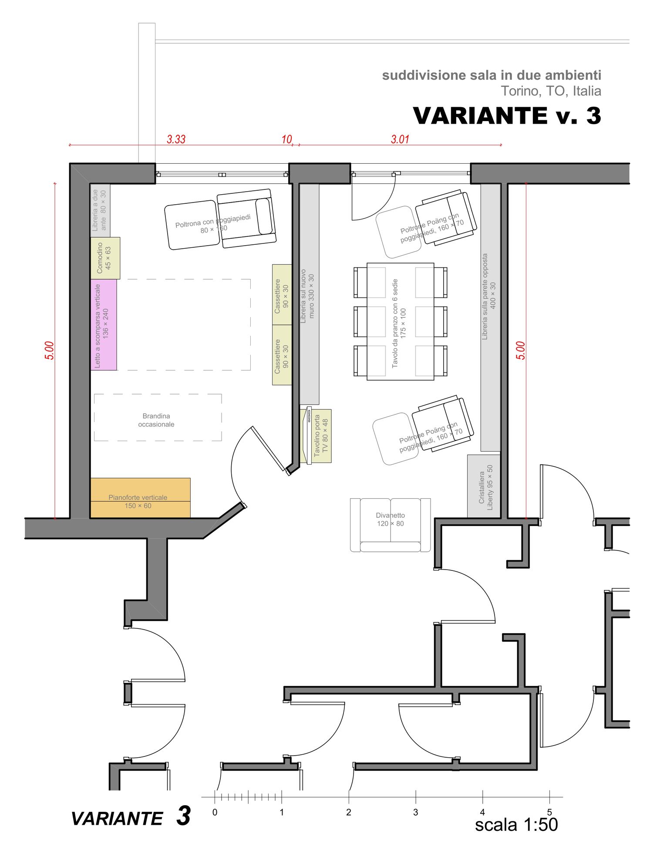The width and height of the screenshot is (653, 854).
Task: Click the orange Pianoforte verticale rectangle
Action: click(140, 498)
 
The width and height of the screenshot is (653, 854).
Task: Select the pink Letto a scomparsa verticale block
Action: click(104, 324)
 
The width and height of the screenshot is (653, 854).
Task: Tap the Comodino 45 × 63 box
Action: click(105, 258)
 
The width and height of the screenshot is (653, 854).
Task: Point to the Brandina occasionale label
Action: click(156, 420)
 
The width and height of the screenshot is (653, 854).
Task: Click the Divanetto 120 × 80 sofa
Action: click(390, 525)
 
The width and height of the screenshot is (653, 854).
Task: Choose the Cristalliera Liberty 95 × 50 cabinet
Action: click(484, 486)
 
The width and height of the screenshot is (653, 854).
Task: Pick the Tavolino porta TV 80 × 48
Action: click(316, 435)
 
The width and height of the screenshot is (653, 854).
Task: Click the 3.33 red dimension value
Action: click(176, 139)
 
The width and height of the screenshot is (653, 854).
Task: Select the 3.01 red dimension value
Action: click(400, 139)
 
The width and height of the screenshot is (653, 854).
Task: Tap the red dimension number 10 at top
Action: click(286, 139)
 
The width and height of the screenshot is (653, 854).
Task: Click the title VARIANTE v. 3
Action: click(507, 116)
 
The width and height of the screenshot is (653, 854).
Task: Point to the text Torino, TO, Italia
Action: click(551, 91)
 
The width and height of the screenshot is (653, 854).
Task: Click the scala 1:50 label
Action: click(516, 825)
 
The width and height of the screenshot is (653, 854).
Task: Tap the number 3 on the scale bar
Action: click(416, 812)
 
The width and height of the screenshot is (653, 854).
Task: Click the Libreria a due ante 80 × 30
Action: click(100, 210)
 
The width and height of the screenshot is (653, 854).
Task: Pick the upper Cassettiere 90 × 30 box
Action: click(282, 295)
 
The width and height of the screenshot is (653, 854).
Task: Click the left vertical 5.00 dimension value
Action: click(50, 351)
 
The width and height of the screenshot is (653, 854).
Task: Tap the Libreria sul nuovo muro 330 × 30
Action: click(310, 294)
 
